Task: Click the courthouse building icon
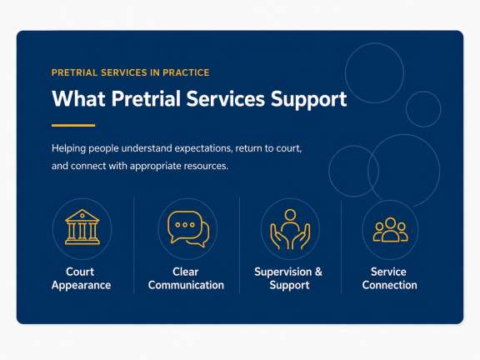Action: (x=82, y=227)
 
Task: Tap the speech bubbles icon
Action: (x=188, y=229)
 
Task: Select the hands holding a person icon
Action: (x=290, y=229)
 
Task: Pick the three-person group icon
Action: (x=390, y=229)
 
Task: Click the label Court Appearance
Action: (x=81, y=278)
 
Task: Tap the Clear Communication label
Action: (x=186, y=278)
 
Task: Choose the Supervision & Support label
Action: (x=288, y=278)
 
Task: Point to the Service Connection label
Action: (x=389, y=278)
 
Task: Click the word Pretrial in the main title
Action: (x=146, y=98)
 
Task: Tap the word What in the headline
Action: (x=78, y=98)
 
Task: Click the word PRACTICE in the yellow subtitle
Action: (x=186, y=72)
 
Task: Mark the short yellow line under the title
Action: (x=73, y=125)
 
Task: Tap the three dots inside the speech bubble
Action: (x=185, y=225)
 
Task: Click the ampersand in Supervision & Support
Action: (x=318, y=272)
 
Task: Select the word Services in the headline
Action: (x=225, y=98)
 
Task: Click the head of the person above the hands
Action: (x=290, y=215)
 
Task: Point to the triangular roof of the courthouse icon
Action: (x=82, y=215)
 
